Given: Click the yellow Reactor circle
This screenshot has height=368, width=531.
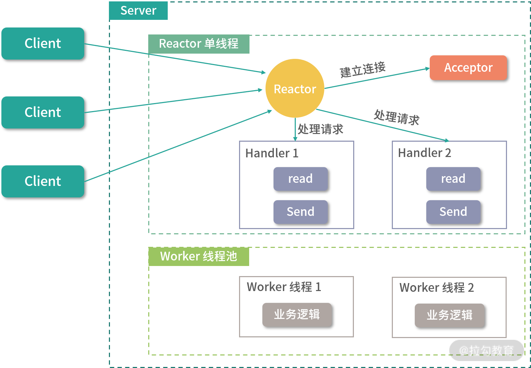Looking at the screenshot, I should [295, 88].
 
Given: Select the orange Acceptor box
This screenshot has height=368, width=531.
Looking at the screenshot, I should [468, 68].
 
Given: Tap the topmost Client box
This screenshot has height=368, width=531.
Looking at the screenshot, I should [43, 44].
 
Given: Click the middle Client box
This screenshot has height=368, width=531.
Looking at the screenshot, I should [43, 112].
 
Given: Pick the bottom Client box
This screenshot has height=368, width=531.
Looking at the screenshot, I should [43, 181].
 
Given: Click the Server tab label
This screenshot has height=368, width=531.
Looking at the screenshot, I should [138, 10].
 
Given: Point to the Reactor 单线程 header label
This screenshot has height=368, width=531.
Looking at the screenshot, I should [199, 44].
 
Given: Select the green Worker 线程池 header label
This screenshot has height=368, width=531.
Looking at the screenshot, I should [199, 257].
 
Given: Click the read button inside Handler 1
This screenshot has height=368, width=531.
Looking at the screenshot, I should [300, 179].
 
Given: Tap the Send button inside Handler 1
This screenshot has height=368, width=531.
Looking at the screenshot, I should [300, 212].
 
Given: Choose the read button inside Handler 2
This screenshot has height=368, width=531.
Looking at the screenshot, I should [453, 179].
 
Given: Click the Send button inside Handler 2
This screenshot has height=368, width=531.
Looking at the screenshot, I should [453, 212].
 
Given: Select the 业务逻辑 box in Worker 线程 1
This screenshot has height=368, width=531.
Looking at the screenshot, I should [297, 315].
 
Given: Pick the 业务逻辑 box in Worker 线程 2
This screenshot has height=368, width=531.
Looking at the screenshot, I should [449, 315].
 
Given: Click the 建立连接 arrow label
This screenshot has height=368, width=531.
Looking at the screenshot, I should [363, 69].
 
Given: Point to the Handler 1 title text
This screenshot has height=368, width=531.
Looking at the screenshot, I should [272, 153].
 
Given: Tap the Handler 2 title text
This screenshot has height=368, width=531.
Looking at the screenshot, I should [425, 153].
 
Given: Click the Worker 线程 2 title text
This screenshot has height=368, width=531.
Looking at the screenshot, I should [437, 288].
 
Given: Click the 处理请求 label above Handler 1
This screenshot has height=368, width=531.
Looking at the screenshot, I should [320, 129].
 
